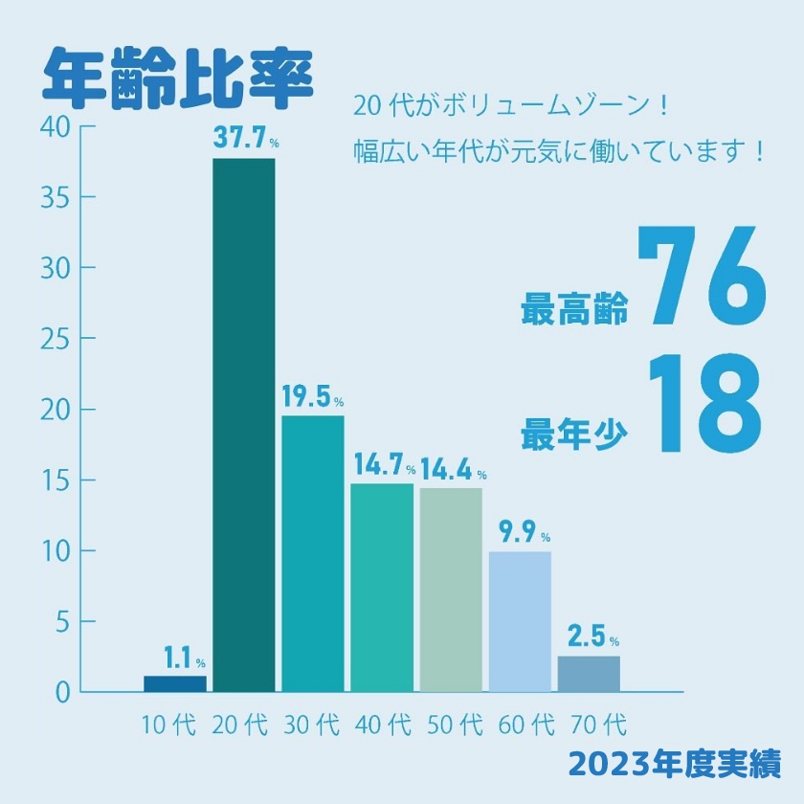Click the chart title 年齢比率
tap(178, 74)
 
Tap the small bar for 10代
tap(175, 683)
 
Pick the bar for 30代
tap(313, 552)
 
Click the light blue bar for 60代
tap(520, 621)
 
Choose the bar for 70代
tap(589, 673)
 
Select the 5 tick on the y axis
tap(62, 622)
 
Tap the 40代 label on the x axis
tap(382, 725)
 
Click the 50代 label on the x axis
tap(452, 725)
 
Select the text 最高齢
tap(574, 312)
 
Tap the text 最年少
tap(574, 435)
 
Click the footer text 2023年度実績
tap(674, 763)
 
